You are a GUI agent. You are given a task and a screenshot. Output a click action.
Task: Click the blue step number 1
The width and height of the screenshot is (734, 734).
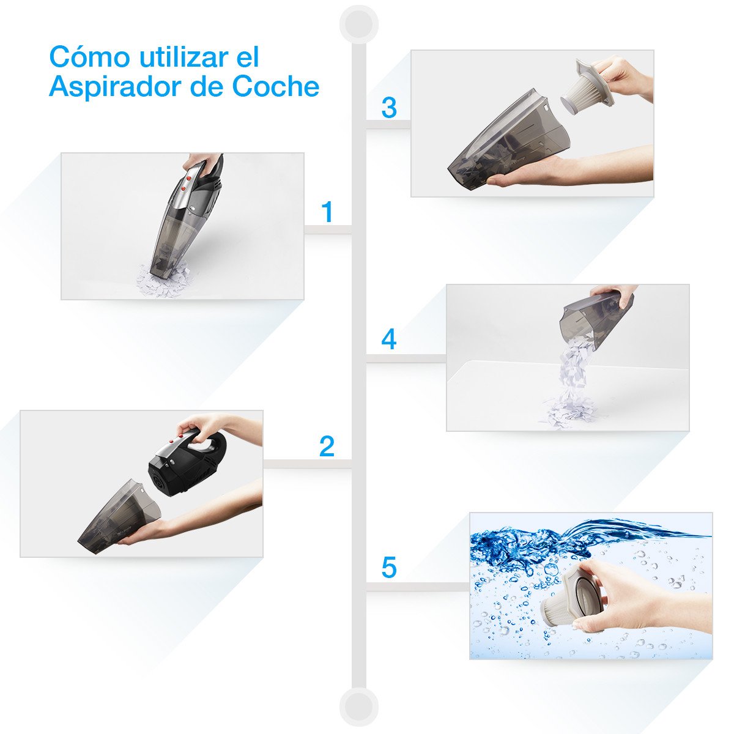pos(328,212)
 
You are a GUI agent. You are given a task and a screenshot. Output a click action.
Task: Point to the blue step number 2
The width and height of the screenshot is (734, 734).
pos(327,447)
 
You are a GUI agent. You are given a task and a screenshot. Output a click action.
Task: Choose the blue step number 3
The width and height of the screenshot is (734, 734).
pos(388,108)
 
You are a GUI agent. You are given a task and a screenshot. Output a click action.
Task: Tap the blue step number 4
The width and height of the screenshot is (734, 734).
pos(388,339)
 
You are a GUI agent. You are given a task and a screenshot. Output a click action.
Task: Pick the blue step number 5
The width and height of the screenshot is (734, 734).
pos(388,568)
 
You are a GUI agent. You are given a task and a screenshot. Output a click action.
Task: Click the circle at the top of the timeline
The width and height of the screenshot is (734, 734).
pos(359,24)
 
